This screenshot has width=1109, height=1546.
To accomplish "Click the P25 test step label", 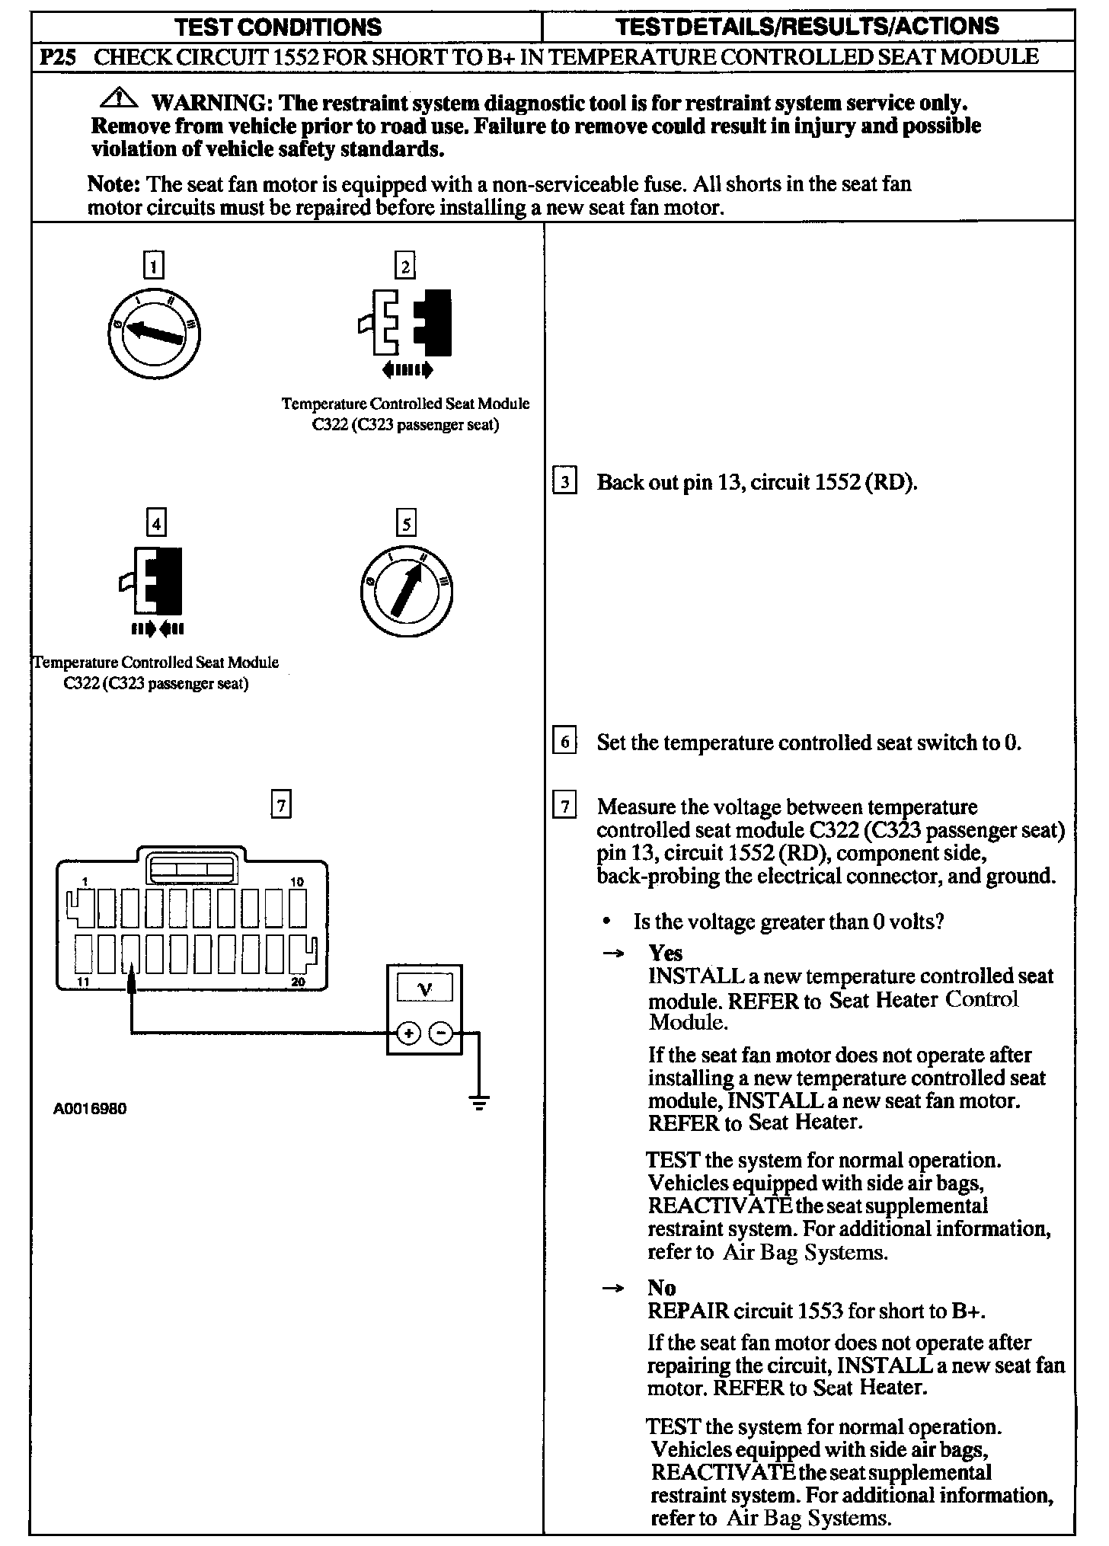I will [56, 57].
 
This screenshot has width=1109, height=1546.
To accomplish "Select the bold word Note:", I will [113, 184].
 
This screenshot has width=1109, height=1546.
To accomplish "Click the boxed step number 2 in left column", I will [405, 266].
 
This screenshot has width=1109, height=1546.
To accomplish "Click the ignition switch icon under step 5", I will [406, 590].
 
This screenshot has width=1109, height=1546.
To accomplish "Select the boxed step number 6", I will [564, 741].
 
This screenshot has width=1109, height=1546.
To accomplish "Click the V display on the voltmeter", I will [425, 989].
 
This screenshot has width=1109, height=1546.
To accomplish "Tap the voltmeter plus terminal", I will [409, 1033].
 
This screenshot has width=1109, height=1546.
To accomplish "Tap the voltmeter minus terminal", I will [441, 1033].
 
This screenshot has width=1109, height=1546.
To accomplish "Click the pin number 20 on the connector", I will [298, 982].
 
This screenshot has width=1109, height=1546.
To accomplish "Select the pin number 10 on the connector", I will [297, 882].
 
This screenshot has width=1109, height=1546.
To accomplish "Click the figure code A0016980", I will [90, 1109].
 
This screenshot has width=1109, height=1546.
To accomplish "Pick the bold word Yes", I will [665, 953].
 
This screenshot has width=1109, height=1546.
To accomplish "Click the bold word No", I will [661, 1288].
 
